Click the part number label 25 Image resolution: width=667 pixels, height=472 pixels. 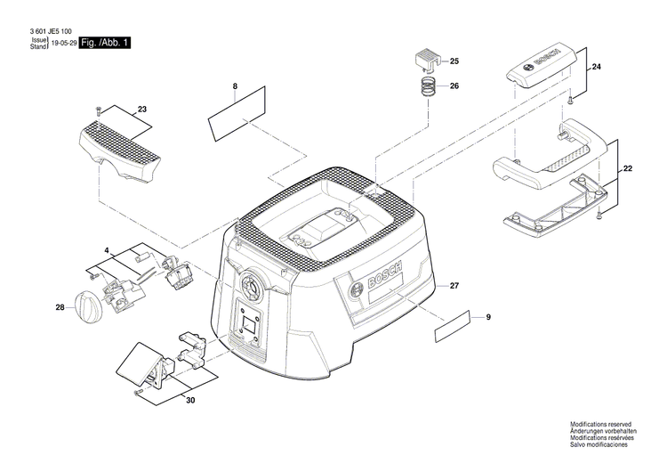[x=454, y=61]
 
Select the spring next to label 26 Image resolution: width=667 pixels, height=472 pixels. [x=430, y=88]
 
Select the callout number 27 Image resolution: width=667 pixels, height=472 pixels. [x=454, y=285]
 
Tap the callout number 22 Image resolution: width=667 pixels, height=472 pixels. [x=628, y=168]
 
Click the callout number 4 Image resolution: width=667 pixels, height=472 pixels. [x=106, y=251]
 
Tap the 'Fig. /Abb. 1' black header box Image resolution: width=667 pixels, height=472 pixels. [x=105, y=43]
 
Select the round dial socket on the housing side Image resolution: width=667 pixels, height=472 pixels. [x=252, y=284]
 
